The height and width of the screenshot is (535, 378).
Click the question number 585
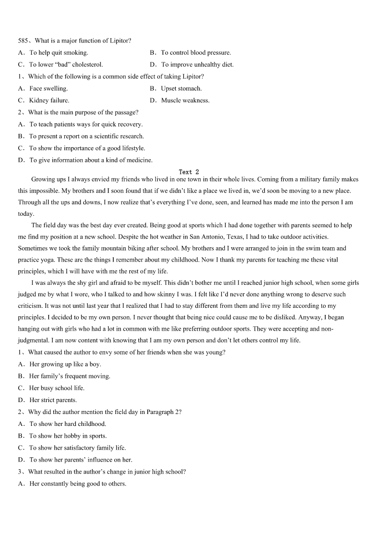(x=23, y=41)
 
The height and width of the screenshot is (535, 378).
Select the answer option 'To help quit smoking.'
(x=59, y=53)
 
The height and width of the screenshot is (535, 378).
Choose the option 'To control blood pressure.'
(x=196, y=53)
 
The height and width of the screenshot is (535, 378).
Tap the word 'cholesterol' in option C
(x=87, y=65)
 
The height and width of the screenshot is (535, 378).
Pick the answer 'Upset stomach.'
(x=181, y=89)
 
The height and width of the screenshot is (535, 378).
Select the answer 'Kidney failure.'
(x=49, y=101)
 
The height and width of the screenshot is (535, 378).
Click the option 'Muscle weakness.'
(x=185, y=101)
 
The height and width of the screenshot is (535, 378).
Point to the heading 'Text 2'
(x=189, y=172)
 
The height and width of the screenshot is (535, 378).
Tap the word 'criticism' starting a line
(x=32, y=306)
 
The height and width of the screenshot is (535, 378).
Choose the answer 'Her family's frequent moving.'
(x=70, y=376)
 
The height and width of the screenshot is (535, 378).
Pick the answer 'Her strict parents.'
(x=53, y=400)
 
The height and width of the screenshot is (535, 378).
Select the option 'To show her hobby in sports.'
(x=68, y=436)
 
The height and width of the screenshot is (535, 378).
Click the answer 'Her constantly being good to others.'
(x=78, y=484)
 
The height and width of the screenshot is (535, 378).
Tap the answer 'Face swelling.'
(x=49, y=89)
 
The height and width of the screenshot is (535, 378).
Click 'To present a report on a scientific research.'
(x=86, y=136)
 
